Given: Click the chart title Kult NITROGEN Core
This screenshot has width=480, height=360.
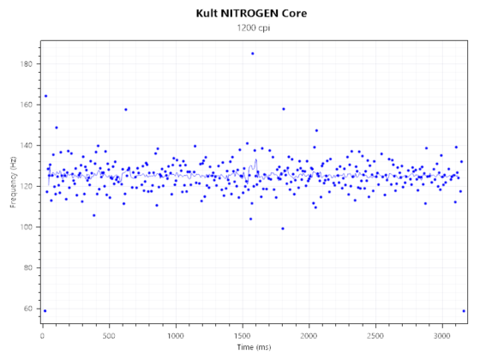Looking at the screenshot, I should tap(251, 14).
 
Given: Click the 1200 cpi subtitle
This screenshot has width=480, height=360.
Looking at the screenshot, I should tap(251, 29).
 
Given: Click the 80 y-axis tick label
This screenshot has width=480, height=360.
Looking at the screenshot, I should tap(29, 267).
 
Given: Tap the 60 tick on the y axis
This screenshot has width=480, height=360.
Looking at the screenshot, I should tap(29, 309).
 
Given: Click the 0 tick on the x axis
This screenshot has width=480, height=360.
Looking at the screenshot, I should tap(42, 336).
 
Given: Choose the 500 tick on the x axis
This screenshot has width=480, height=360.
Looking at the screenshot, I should tap(109, 336).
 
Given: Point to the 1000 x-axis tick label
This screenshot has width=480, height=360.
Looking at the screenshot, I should tap(175, 336).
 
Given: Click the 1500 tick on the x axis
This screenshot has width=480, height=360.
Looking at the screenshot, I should tap(242, 336).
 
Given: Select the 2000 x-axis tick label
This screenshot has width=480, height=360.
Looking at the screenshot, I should tap(309, 336).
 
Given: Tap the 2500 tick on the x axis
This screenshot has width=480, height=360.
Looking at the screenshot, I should tap(375, 336).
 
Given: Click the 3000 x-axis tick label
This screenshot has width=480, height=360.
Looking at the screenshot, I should tap(441, 336).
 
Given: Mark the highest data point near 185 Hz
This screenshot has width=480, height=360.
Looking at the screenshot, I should tap(252, 53).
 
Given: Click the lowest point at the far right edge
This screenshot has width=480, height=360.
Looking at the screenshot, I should tap(464, 310).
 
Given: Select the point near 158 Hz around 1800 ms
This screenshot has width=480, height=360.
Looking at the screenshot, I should tap(283, 109).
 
